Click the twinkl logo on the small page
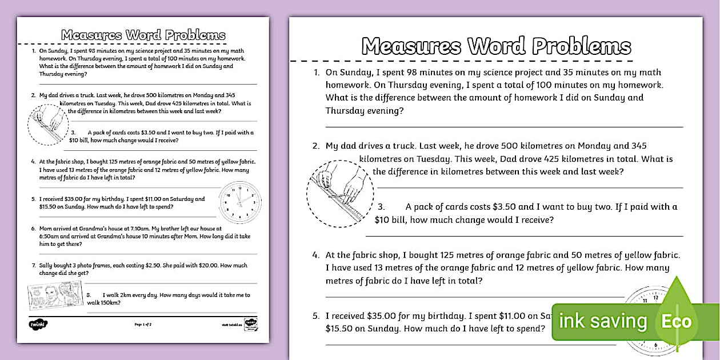pos(38,324)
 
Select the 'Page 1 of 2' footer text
pos(143,325)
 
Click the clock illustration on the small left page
pos(240,202)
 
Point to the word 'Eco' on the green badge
pos(677,321)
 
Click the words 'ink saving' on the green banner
pos(603,321)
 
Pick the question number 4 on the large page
pos(315,255)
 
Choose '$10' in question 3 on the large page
pos(383,219)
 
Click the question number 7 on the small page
pos(33,266)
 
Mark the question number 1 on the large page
pos(315,73)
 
